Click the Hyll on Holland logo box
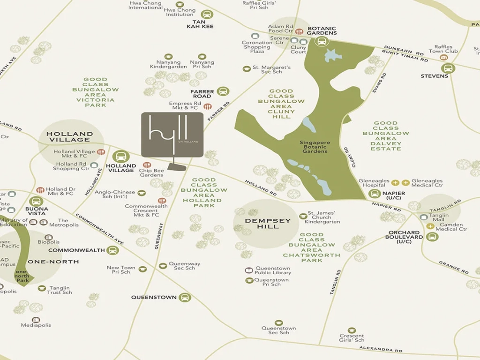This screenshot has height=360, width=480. point(172,135)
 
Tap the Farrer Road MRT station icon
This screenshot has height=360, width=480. point(223,91)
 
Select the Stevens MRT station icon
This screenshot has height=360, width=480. point(448,68)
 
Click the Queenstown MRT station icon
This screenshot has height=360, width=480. point(185,297)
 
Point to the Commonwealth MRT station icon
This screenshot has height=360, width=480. point(112,250)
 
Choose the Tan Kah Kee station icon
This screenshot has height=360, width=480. point(207,15)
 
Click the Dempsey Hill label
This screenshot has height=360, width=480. point(265,224)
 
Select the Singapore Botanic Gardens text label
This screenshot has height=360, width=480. point(315,147)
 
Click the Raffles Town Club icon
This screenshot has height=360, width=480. point(443,58)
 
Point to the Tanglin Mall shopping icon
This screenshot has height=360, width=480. point(424,217)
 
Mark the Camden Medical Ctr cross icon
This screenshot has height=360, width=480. point(430,226)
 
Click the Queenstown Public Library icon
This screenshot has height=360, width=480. point(249,270)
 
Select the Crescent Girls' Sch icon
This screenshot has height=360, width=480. point(352,330)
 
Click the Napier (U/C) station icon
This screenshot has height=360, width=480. point(374,193)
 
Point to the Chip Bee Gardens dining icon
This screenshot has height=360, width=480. point(147,165)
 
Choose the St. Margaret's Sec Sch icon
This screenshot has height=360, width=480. point(247,69)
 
